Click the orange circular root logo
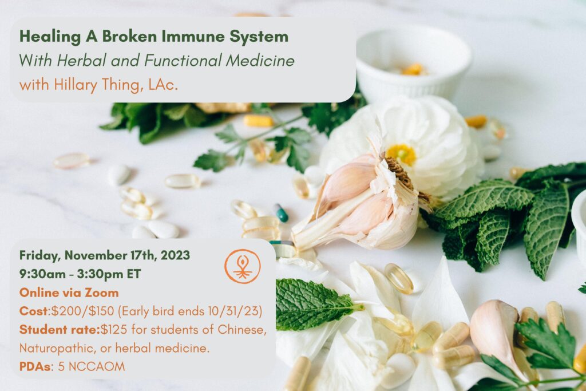click(243, 266)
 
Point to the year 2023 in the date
click(175, 255)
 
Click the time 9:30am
click(42, 274)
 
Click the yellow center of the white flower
click(401, 154)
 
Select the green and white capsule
click(281, 213)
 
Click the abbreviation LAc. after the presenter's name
click(163, 85)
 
